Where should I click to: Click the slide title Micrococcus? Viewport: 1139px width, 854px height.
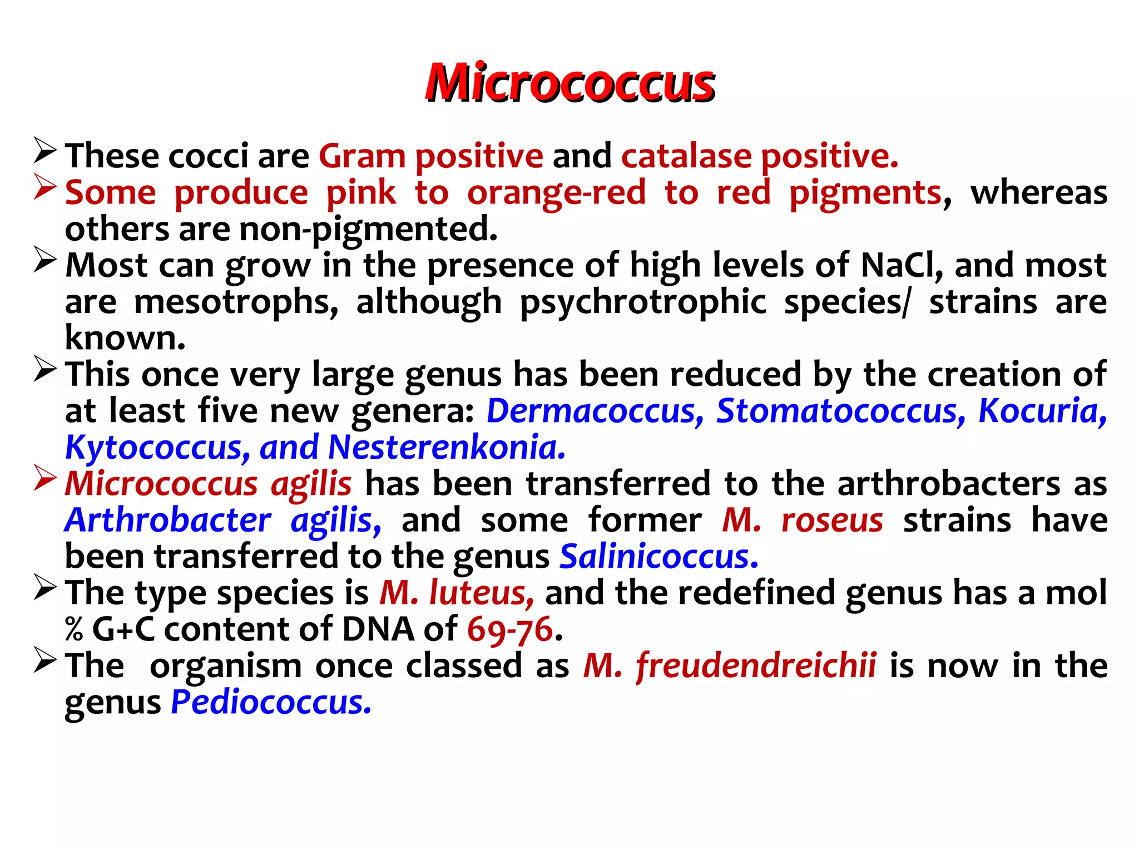tap(569, 83)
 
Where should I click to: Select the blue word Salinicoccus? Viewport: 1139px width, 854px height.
tap(658, 557)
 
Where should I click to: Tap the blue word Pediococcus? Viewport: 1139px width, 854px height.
tap(271, 702)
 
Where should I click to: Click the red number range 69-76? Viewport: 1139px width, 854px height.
tap(510, 629)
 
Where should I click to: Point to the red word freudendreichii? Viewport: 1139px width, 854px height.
tap(756, 666)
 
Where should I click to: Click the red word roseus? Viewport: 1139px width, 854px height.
tap(832, 520)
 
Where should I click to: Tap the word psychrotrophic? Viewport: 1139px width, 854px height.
tap(643, 302)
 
